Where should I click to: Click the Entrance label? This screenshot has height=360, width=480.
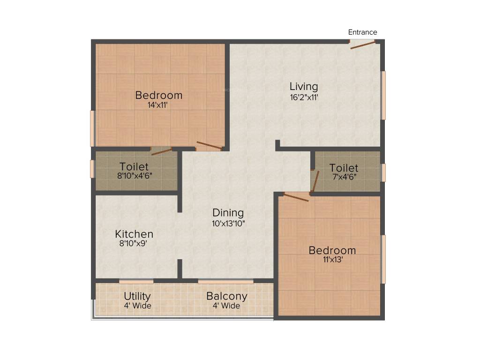362,32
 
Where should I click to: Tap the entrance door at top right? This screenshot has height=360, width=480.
363,45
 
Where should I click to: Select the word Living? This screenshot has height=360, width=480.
303,87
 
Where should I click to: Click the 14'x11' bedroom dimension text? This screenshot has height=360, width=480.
158,105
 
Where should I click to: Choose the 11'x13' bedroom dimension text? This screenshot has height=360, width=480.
332,261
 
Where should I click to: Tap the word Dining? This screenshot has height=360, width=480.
228,212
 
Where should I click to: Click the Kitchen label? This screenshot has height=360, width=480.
134,234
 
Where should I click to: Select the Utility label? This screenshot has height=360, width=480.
137,296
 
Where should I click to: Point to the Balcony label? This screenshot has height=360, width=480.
227,296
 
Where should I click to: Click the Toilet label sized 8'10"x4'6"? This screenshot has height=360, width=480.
134,167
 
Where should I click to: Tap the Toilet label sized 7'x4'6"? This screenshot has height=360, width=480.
344,168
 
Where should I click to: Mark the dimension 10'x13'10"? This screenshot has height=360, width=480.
228,224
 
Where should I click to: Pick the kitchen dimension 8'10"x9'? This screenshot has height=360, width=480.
134,244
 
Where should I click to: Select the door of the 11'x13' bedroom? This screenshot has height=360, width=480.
296,197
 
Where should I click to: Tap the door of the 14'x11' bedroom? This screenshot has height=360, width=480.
209,146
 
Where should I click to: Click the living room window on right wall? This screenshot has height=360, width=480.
383,95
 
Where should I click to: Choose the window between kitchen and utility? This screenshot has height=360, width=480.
136,281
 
